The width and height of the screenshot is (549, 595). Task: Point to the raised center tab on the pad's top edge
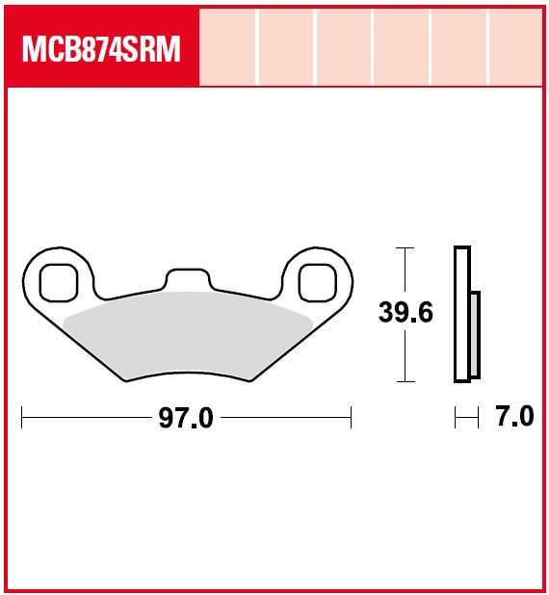click(187, 278)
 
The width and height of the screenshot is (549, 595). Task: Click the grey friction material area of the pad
click(188, 332)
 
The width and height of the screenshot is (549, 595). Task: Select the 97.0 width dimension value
click(187, 418)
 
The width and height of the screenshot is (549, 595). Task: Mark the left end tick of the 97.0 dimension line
click(21, 418)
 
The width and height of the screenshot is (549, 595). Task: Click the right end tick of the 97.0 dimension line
click(352, 418)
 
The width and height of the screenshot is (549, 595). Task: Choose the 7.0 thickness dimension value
click(513, 418)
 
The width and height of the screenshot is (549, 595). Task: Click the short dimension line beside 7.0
click(466, 418)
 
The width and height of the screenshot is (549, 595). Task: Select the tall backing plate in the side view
click(461, 315)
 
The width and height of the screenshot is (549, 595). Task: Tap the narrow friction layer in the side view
click(474, 334)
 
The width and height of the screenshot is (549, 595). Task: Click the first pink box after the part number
click(228, 47)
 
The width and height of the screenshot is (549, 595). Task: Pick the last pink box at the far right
click(517, 47)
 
